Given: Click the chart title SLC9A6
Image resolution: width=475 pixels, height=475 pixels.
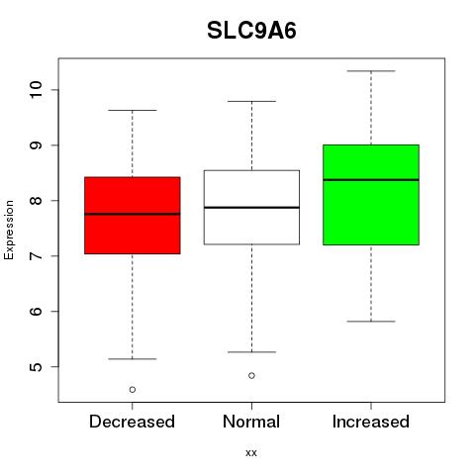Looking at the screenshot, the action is [x=251, y=31].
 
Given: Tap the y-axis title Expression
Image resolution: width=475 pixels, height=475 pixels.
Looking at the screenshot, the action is [x=9, y=230].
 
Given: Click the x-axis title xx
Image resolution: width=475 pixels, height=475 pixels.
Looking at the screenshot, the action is [x=251, y=453].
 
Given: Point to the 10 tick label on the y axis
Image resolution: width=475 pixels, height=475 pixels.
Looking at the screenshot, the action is [x=36, y=89].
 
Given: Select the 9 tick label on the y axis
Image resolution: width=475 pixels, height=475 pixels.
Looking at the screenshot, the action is [x=36, y=145].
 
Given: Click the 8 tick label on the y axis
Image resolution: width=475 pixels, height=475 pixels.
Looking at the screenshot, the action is [x=36, y=201].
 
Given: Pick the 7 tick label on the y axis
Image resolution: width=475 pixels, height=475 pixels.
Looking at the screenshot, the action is [x=36, y=256].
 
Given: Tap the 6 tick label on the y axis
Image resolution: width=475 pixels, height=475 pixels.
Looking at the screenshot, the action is [x=36, y=311].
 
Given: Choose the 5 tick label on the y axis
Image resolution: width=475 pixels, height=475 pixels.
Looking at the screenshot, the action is [x=36, y=366].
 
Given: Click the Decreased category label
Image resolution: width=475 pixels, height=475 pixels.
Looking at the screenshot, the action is [x=132, y=422].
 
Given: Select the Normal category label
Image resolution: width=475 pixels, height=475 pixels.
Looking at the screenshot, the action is [x=251, y=422].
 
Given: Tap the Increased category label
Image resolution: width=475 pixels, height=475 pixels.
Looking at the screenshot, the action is [x=371, y=422].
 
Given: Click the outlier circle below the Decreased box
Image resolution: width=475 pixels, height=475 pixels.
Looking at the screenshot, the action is [x=133, y=390].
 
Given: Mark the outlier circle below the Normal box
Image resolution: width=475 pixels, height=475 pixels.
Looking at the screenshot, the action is [x=251, y=375].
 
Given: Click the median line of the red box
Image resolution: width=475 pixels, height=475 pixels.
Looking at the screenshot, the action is [x=133, y=214].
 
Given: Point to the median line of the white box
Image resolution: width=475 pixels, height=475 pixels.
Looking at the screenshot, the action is [x=251, y=208].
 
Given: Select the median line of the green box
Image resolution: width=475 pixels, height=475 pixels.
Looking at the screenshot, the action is [x=371, y=180].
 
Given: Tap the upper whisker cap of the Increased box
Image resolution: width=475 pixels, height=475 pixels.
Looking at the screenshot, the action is [x=371, y=71].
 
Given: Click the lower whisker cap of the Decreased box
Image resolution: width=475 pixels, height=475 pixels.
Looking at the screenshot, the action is [x=133, y=359].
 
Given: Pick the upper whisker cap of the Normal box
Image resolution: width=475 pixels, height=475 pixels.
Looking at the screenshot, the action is [x=251, y=101].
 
